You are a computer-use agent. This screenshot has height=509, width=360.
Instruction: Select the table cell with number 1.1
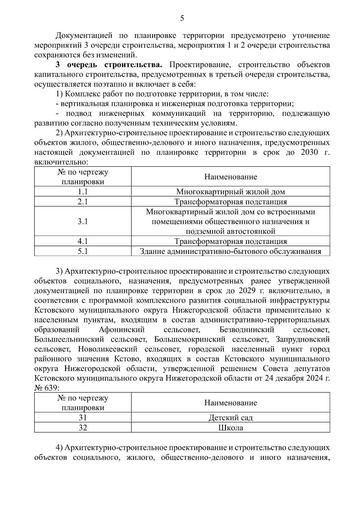tap(82, 192)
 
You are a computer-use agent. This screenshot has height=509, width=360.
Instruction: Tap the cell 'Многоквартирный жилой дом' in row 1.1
tap(230, 192)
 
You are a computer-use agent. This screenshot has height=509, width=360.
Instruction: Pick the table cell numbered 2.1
tap(82, 202)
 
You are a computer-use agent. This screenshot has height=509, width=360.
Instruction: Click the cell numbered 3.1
tap(82, 221)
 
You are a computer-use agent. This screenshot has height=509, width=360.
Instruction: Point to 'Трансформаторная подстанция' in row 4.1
tap(230, 241)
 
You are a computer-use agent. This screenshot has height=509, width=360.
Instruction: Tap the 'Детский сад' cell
tap(230, 418)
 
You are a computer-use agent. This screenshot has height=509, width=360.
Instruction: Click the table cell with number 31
tap(82, 418)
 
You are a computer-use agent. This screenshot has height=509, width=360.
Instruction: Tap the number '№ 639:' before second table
tap(47, 388)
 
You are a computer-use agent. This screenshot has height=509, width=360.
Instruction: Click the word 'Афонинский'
tap(121, 330)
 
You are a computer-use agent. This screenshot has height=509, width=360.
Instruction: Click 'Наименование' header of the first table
tap(230, 177)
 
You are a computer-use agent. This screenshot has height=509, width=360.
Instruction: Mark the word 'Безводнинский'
tap(247, 330)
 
